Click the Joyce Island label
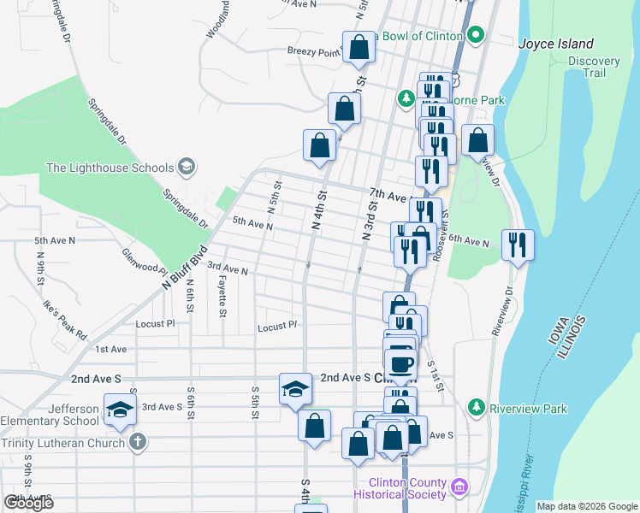pos(556,44)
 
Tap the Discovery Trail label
pos(594,67)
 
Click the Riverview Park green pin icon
pos(477,409)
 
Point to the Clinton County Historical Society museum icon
pos(459,487)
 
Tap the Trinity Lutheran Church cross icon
pos(137,442)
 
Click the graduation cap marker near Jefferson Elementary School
pos(121,409)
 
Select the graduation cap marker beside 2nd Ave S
pos(295,387)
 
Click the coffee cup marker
pos(400,363)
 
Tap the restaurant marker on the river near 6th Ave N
pos(518,244)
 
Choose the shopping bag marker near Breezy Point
pos(359,48)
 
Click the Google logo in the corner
pos(28,502)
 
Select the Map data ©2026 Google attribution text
pos(587,506)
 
